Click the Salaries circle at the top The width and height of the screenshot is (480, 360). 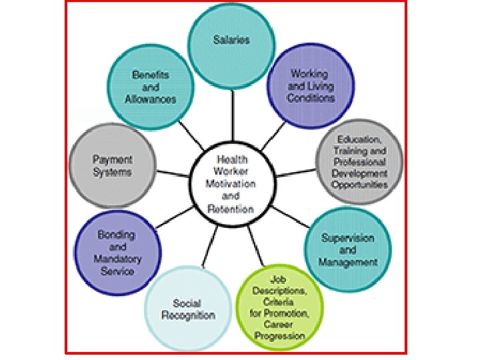click(x=231, y=41)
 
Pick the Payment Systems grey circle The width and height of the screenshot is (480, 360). click(x=112, y=166)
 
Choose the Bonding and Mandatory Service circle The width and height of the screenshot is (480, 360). click(x=117, y=253)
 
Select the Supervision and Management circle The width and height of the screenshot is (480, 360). click(x=347, y=249)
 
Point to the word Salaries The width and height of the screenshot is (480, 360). click(x=231, y=40)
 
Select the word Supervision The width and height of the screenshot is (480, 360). click(x=347, y=238)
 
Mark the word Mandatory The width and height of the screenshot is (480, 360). click(x=117, y=259)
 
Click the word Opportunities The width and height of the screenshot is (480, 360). click(x=360, y=185)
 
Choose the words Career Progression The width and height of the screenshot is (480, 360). click(x=279, y=330)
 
